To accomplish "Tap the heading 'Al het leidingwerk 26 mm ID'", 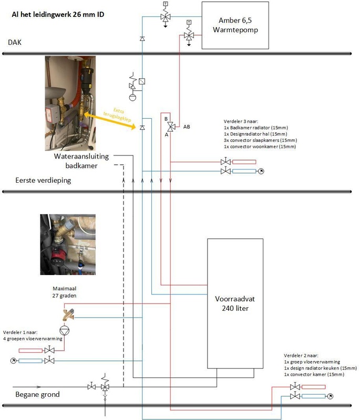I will pos(58,14).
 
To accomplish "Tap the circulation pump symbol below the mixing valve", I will pos(65,331).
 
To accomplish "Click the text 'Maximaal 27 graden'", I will pos(65,292).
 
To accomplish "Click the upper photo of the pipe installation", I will pos(71,103).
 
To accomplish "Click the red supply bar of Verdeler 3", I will pos(244,162).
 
